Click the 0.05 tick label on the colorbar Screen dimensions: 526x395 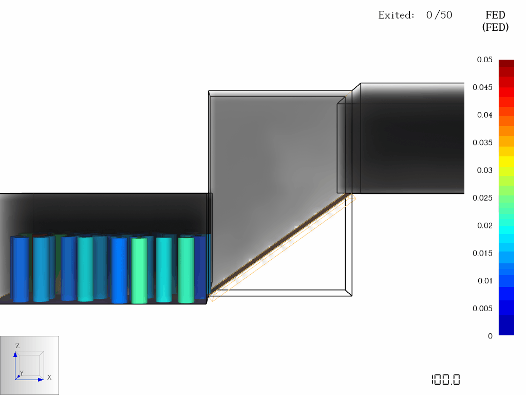484,60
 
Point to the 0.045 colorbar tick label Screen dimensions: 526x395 482,87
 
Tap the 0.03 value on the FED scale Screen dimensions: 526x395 484,170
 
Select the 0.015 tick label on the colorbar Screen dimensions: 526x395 482,253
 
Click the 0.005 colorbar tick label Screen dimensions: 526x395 482,309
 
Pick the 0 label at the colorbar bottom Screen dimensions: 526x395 490,336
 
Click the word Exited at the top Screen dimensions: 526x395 396,15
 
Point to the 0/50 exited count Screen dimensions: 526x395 439,15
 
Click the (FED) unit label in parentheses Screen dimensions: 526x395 495,27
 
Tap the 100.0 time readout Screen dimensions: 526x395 445,380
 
